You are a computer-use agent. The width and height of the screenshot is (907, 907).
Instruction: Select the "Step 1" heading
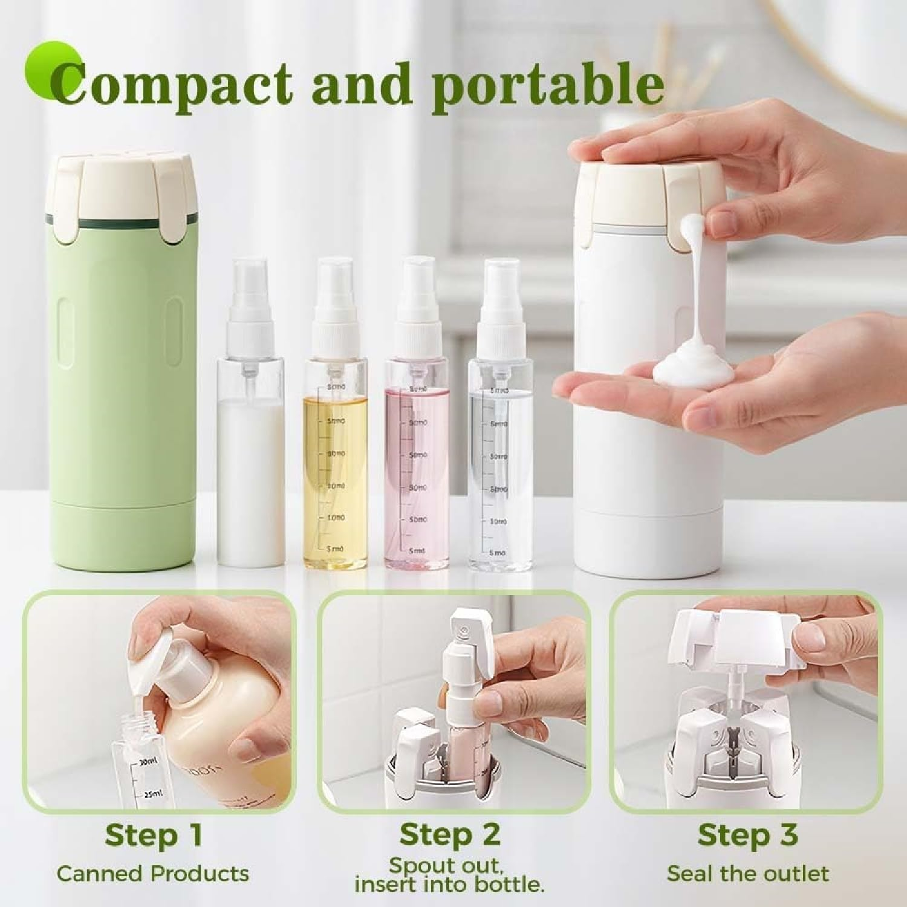153,835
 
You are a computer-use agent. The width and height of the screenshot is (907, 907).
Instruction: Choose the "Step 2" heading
450,835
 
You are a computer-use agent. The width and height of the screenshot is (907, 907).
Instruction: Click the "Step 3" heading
747,835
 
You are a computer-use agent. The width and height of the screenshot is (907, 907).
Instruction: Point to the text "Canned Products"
153,874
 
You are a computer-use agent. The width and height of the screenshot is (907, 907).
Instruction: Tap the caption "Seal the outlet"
747,874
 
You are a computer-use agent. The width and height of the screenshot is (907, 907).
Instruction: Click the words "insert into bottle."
449,885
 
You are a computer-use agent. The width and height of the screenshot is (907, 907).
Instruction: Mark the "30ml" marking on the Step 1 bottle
148,763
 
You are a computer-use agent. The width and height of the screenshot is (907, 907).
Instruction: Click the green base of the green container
124,535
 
